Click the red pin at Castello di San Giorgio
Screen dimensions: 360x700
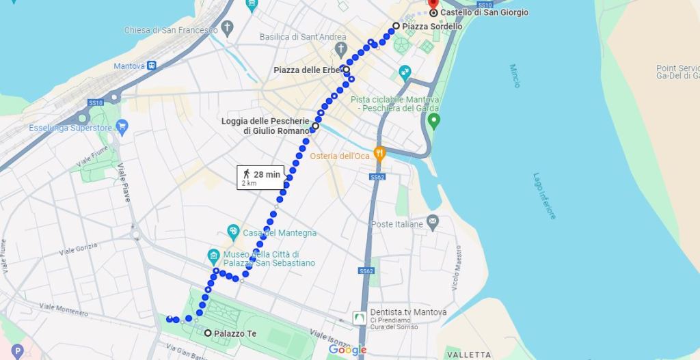pos(433,4)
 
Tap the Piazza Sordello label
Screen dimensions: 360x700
pos(432,27)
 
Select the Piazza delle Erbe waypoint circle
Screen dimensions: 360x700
pos(347,69)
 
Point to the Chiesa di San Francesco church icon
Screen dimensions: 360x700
pos(228,29)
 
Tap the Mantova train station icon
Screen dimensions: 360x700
pos(151,66)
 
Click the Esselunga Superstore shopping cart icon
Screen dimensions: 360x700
pos(122,127)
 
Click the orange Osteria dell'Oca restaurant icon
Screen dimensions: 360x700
pos(379,152)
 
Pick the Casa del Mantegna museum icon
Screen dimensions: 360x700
pos(233,230)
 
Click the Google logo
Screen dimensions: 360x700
pos(347,350)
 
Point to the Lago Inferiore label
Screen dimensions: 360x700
pos(544,195)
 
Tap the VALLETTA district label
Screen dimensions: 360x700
pos(468,355)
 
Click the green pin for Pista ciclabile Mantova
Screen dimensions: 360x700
pos(432,122)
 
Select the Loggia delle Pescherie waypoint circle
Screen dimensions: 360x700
pos(315,126)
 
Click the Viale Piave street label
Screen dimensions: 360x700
pos(125,184)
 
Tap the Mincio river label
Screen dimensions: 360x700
pos(515,76)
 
